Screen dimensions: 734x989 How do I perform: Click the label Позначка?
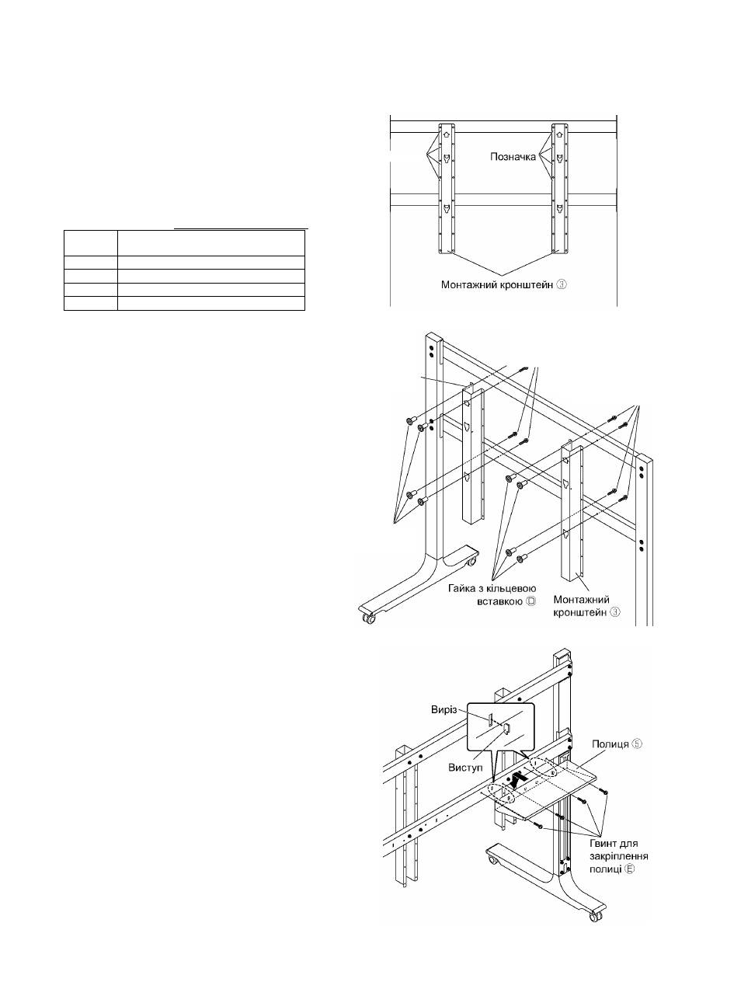(x=513, y=156)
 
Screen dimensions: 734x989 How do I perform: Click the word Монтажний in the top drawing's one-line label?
(x=467, y=284)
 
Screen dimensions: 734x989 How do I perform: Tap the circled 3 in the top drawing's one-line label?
(x=562, y=284)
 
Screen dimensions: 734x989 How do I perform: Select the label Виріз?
(x=444, y=709)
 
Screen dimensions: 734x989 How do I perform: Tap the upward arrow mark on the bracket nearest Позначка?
(x=560, y=134)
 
